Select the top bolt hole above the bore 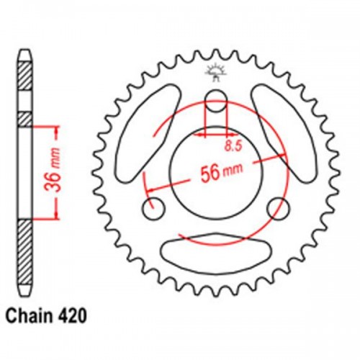[215, 101]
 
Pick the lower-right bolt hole [276, 209]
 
